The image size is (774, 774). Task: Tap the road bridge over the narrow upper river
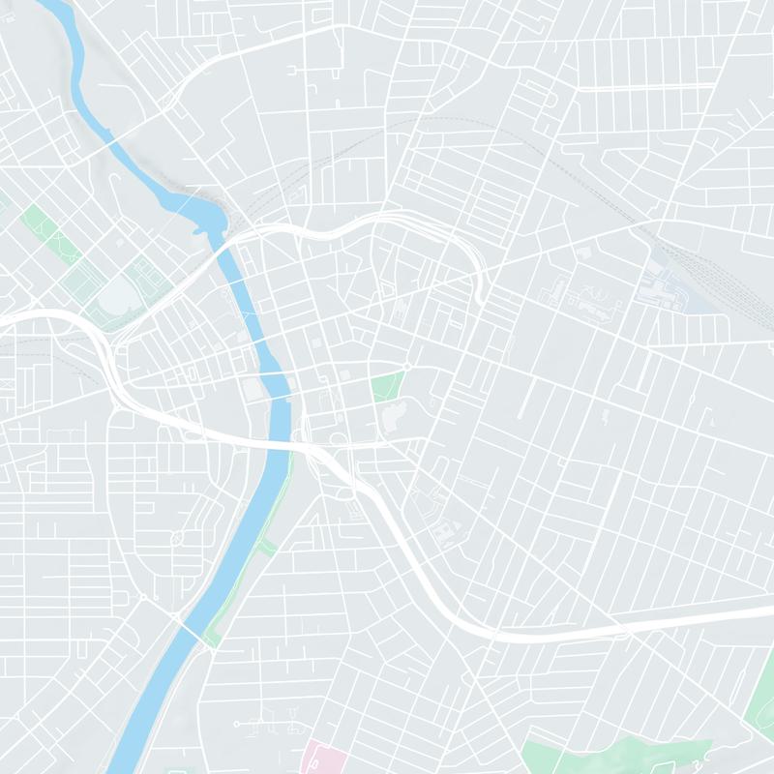click(x=113, y=145)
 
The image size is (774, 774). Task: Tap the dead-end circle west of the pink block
click(x=236, y=724)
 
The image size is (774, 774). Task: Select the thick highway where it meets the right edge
click(x=764, y=624)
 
